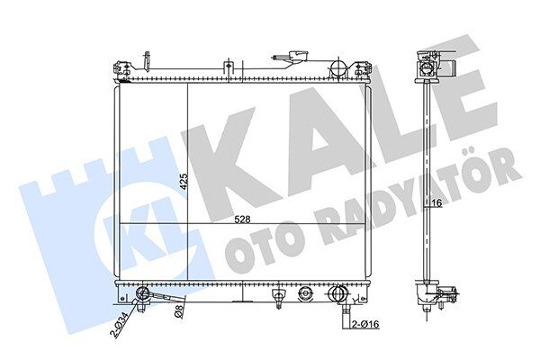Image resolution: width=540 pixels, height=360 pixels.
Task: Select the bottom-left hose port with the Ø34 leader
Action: [142, 292]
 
